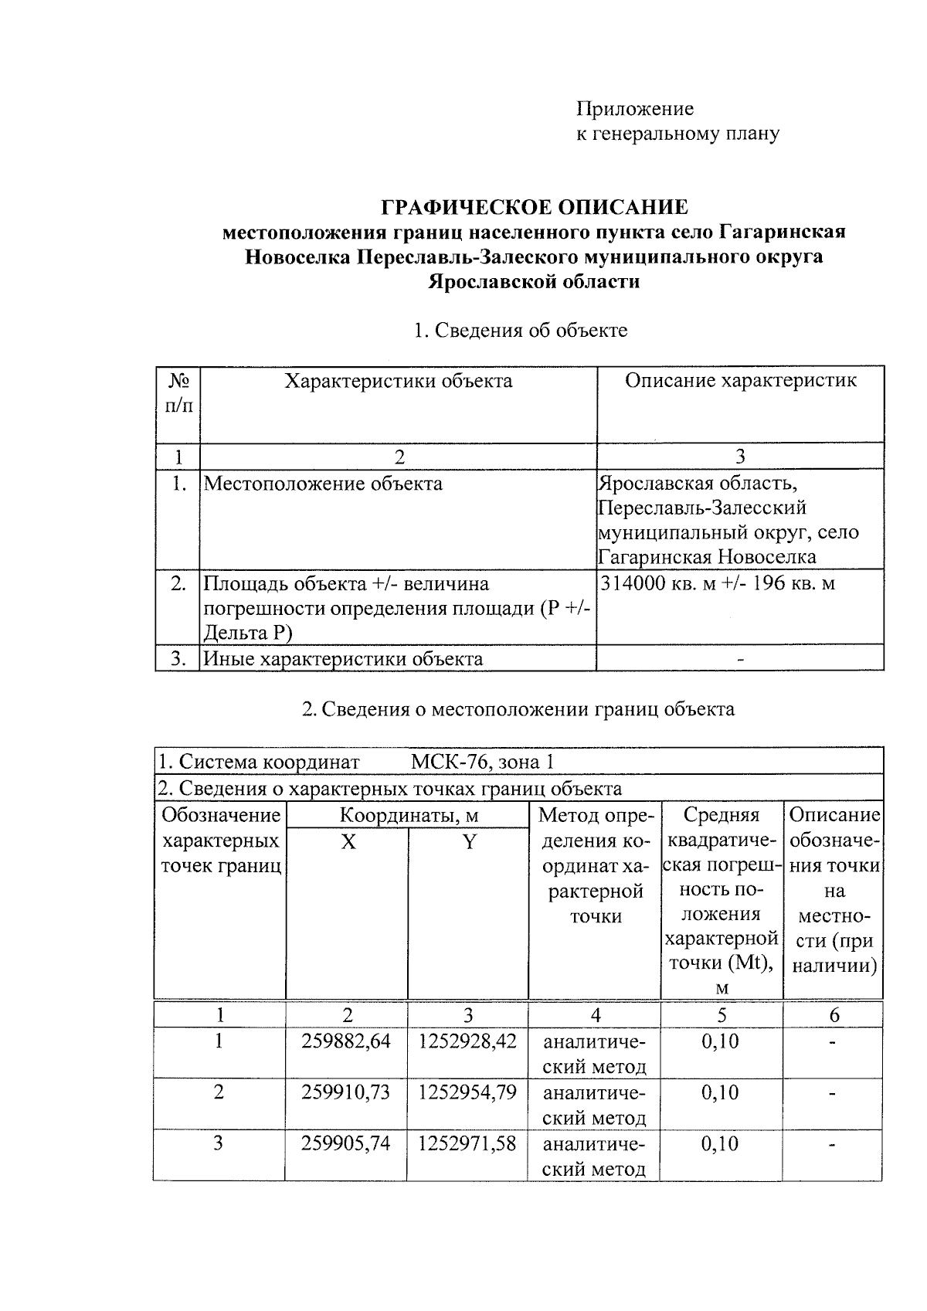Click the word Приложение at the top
635,109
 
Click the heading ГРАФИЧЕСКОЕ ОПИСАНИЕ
535,207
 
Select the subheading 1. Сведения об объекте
520,331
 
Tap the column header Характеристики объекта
398,381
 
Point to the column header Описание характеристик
740,380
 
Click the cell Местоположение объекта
323,484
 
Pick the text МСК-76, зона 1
482,762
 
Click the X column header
348,842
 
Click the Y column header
469,842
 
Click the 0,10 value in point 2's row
720,1093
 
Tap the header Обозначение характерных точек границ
220,841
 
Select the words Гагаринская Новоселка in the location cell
707,557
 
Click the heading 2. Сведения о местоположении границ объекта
518,709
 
